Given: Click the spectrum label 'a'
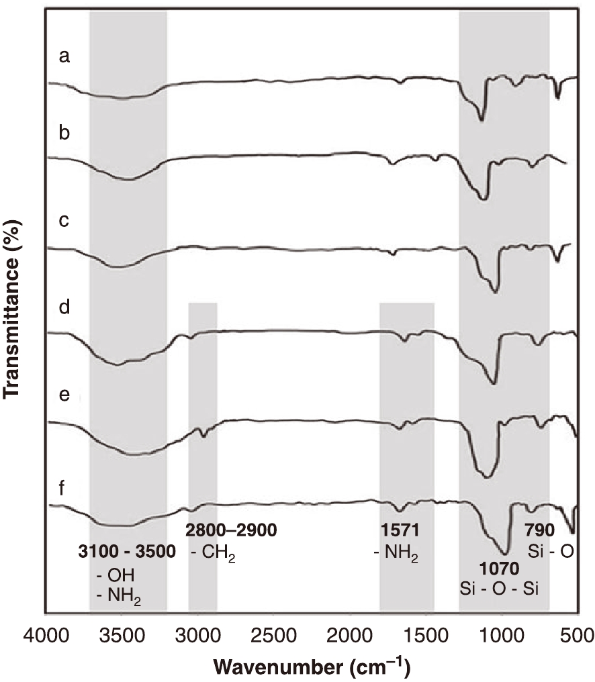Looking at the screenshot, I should coord(64,56).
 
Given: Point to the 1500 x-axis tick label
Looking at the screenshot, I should coord(425,634).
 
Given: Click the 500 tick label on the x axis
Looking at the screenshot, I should coord(577,634).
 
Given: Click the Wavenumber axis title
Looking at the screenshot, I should coord(312,667).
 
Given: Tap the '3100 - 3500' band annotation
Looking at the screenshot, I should coord(128,552).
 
